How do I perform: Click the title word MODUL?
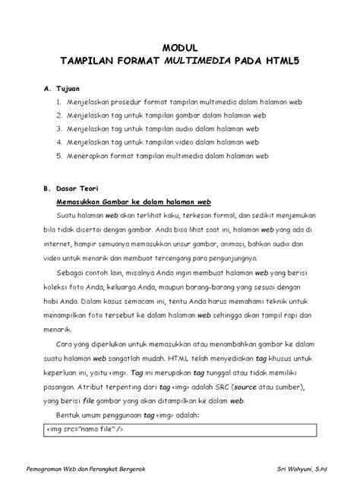coord(179,47)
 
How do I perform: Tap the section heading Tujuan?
coord(74,88)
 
